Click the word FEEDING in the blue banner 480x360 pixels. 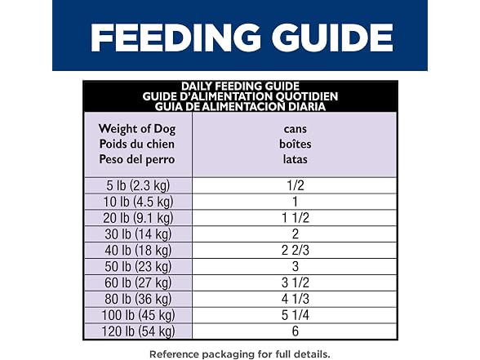[x=176, y=38]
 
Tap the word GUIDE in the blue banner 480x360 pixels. [x=332, y=38]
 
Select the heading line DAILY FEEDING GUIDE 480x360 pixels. [x=240, y=86]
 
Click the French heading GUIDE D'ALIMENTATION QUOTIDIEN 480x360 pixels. [x=240, y=96]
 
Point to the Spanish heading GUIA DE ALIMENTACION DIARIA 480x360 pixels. [x=240, y=106]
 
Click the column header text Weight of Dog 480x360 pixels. [x=137, y=129]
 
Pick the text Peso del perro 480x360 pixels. [x=137, y=159]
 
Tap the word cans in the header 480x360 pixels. [x=296, y=129]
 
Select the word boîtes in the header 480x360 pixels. [x=296, y=144]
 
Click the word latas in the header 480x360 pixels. [x=296, y=159]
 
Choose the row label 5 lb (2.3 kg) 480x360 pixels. [x=138, y=186]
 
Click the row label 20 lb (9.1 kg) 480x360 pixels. [x=138, y=218]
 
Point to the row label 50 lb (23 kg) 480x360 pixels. [x=138, y=267]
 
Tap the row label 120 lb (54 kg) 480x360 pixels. [x=138, y=331]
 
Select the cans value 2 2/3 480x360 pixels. [x=296, y=251]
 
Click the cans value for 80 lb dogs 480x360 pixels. [x=296, y=299]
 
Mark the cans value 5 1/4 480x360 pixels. [x=296, y=315]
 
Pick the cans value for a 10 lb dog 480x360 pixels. [x=296, y=202]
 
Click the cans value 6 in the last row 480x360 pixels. [x=296, y=331]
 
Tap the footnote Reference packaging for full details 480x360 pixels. [x=240, y=354]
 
